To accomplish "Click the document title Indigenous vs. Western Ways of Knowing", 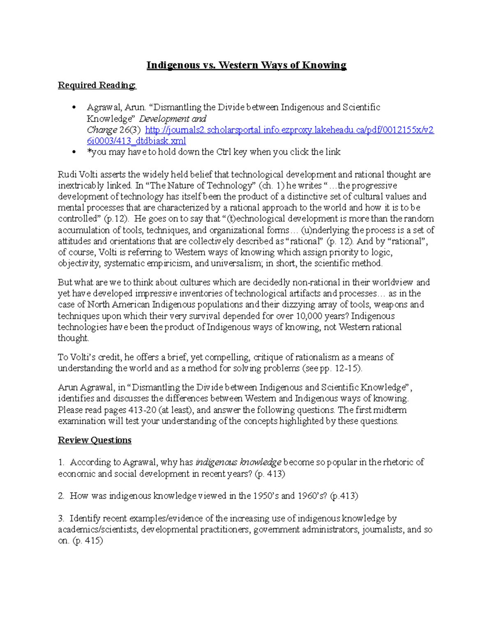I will [x=246, y=65].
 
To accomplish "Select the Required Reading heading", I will [x=97, y=85].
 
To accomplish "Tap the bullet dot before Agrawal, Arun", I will [x=74, y=108].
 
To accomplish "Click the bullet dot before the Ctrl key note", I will [x=74, y=152].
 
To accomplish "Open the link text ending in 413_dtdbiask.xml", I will [x=136, y=141].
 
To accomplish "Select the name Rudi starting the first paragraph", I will [x=67, y=174].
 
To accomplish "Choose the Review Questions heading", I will [x=94, y=440].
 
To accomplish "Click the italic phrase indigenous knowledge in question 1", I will [x=238, y=462].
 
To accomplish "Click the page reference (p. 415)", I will [x=88, y=541].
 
